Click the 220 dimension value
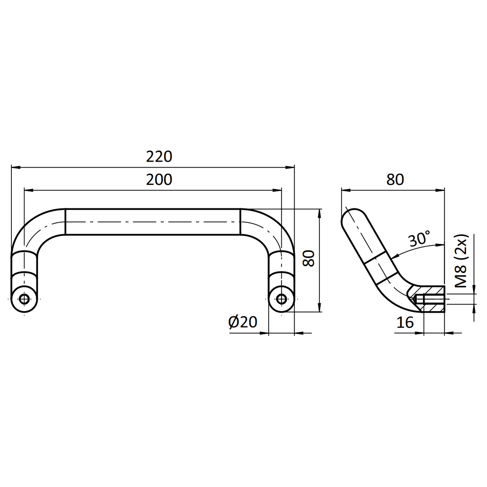(159, 156)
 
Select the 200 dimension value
(159, 180)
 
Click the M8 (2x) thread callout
(461, 261)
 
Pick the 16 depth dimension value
(405, 322)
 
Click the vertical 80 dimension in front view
(308, 258)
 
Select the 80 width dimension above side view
(395, 180)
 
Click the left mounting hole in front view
(24, 299)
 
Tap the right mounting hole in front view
(281, 299)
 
